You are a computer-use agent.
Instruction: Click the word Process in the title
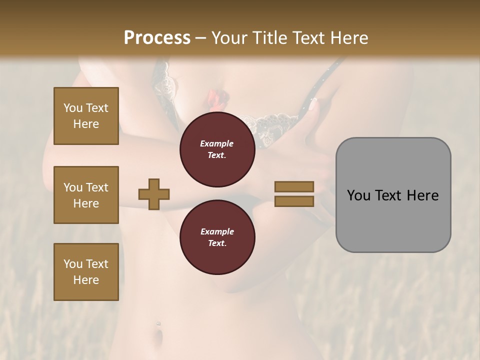157,38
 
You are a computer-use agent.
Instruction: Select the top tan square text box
86,116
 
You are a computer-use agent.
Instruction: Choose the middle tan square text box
86,195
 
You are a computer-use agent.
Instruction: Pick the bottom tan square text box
86,272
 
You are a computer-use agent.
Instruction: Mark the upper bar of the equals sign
294,187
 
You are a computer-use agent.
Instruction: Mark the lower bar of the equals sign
294,201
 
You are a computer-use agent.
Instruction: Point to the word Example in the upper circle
217,143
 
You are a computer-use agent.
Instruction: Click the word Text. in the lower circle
217,243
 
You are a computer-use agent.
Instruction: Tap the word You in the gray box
359,195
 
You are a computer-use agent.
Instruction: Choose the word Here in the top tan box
86,124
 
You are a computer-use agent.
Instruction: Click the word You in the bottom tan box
73,264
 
